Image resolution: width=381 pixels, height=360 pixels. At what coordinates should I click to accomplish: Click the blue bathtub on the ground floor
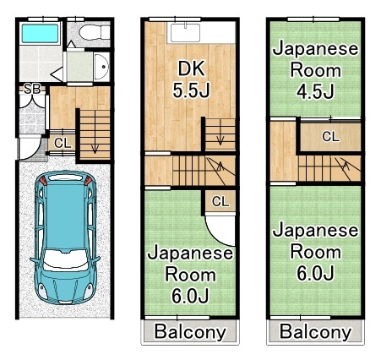point(38,35)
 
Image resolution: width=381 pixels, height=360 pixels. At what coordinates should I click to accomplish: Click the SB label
point(31,88)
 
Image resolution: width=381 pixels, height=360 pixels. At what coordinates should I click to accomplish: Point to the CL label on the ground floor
point(62,143)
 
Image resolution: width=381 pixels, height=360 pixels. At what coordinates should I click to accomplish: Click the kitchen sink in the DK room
point(182,33)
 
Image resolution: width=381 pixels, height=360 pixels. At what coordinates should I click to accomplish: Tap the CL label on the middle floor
point(220,201)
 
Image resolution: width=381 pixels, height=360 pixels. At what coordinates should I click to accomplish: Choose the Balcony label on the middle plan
point(191,331)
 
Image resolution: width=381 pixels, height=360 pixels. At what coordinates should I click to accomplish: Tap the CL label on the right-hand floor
point(330,136)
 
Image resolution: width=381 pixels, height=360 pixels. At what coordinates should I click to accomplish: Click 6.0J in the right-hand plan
point(315,272)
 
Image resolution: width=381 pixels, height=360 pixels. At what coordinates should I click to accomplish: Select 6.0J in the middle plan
point(191,295)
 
